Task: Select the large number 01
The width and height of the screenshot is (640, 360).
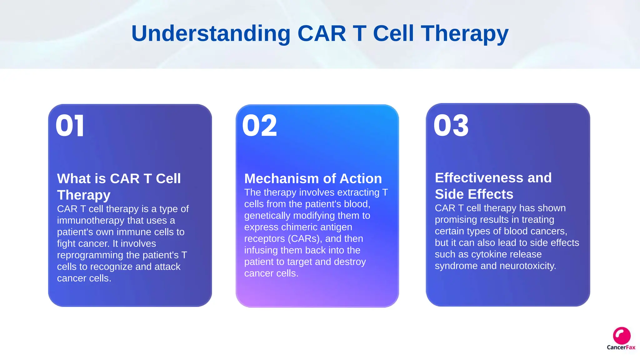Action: coord(70,126)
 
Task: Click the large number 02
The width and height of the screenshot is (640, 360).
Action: coord(259,126)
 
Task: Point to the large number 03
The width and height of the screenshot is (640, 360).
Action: coord(451,126)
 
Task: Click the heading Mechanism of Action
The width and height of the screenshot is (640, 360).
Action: coord(313,179)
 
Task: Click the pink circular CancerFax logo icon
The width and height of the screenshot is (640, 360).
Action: coord(622,336)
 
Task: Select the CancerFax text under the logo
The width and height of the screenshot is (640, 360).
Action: coord(621,347)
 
